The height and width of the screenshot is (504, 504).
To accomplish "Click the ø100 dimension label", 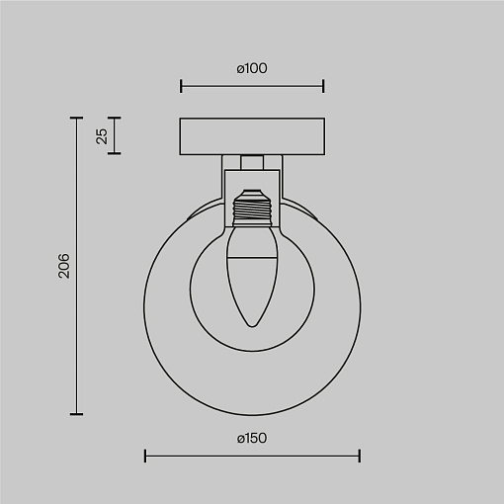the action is [252, 68].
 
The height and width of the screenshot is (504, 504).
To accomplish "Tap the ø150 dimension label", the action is [252, 439].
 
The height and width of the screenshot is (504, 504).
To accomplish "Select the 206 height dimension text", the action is [64, 266].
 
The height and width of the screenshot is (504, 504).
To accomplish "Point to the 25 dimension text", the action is [102, 136].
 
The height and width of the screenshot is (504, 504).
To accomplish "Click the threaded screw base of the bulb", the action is [252, 208].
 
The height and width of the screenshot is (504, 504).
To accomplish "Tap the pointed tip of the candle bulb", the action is [252, 326].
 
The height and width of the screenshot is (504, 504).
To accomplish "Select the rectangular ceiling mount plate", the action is [252, 136].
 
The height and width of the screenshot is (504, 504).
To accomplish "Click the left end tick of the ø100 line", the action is [181, 86].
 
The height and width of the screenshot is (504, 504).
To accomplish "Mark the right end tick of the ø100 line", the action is [323, 86].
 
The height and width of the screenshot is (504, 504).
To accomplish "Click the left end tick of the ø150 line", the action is [145, 456].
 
